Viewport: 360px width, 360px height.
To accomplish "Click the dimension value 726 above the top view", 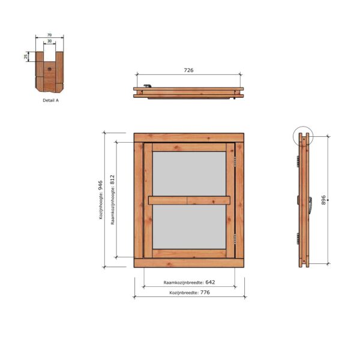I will tap(188, 70).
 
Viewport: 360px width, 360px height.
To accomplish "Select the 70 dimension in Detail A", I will tap(49, 35).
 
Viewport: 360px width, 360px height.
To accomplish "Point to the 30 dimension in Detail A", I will tap(49, 41).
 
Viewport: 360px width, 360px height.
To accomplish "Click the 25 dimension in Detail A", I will tap(26, 56).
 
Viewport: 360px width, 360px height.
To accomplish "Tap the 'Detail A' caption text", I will tap(50, 101).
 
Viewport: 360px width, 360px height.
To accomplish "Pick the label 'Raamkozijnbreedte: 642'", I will tap(189, 281).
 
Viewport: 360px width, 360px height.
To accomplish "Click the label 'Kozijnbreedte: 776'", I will tap(189, 292).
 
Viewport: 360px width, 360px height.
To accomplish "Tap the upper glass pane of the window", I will tap(189, 173).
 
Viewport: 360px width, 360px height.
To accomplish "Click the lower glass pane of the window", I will tap(189, 227).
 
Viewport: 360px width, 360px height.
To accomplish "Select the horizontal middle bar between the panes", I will tap(189, 200).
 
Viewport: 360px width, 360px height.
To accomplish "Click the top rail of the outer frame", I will tap(189, 137).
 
